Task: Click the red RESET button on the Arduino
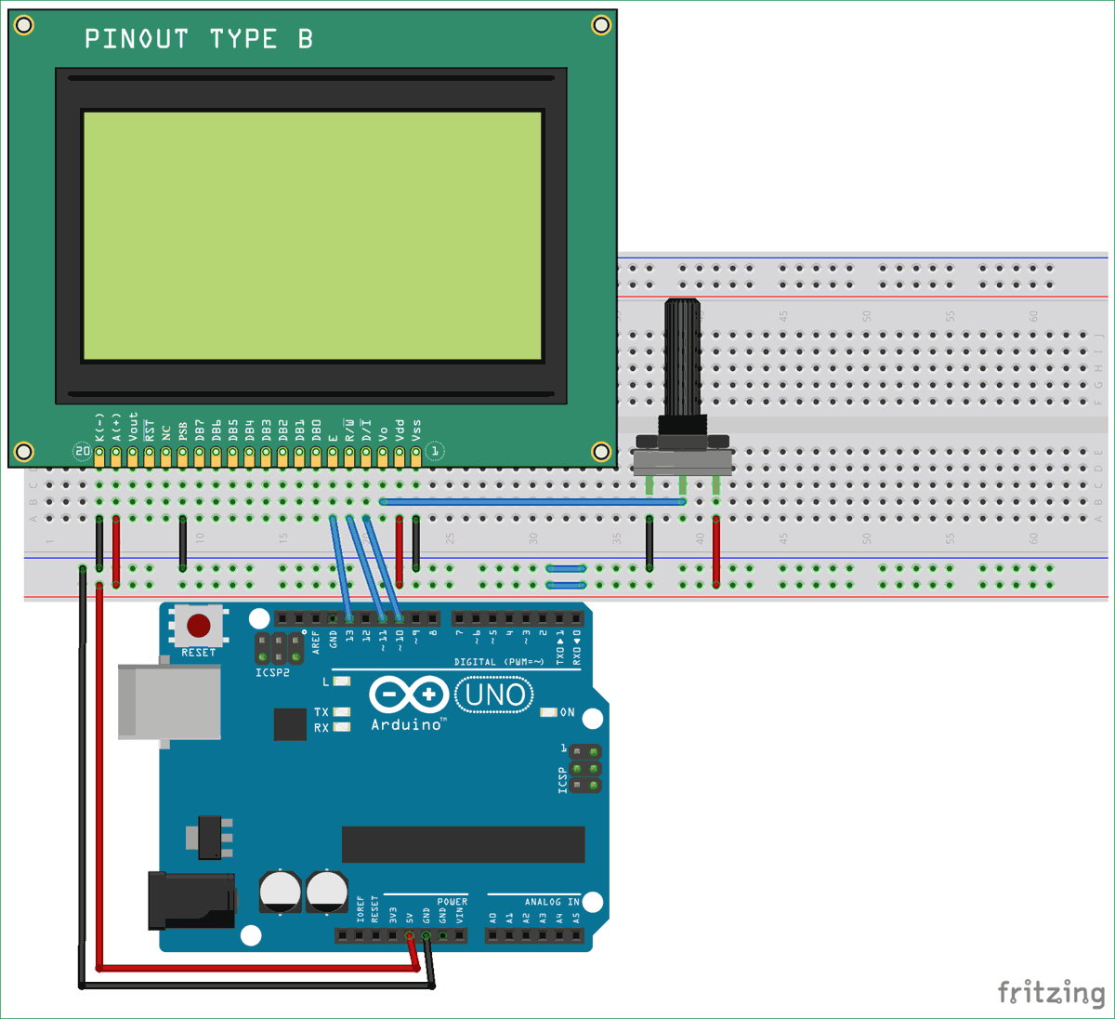[198, 626]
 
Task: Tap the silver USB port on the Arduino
[169, 702]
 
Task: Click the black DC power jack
[191, 900]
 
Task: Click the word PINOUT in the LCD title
[137, 39]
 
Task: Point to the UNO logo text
[494, 695]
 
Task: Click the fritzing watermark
[1051, 992]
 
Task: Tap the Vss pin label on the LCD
[416, 430]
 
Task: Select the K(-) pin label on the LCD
[99, 427]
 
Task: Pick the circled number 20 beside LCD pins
[83, 452]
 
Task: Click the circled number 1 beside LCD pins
[434, 452]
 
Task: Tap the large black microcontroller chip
[463, 844]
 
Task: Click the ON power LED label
[567, 712]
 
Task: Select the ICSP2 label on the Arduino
[272, 672]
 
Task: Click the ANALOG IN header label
[551, 902]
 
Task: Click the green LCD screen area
[312, 235]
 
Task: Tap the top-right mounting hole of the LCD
[601, 25]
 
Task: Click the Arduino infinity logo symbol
[409, 695]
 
